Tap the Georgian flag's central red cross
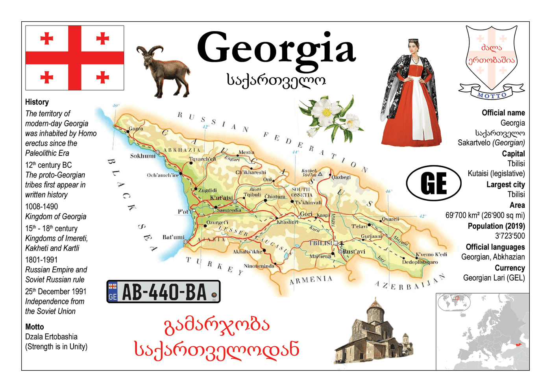pos(74,58)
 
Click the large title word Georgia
pos(276,48)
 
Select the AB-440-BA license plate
pos(163,292)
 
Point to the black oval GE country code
pos(433,183)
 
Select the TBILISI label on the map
pos(321,243)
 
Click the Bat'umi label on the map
pos(173,237)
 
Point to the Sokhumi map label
pos(142,156)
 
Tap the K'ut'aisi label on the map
pos(221,198)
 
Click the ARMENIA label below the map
pos(311,279)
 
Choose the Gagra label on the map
pos(136,128)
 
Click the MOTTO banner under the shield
pos(492,95)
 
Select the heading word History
pos(37,102)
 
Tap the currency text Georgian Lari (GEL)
pos(494,278)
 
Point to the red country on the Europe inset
pos(519,344)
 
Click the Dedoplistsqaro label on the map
pos(420,262)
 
